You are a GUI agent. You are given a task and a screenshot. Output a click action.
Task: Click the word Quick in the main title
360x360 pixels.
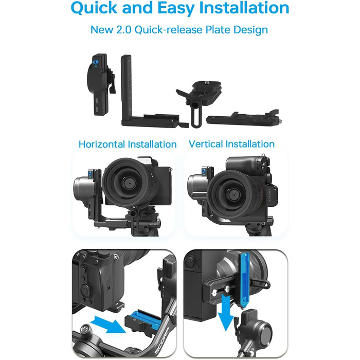coord(94,8)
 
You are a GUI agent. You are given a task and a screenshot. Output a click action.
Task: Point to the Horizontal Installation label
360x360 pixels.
coord(128,144)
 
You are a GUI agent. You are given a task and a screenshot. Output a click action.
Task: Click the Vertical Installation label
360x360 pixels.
coord(231,144)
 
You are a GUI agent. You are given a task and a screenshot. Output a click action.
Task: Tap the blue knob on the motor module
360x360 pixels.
coord(96,62)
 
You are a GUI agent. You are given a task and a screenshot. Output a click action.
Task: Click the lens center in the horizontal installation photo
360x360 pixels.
coord(129,183)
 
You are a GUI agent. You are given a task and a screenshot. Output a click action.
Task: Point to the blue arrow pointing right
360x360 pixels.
coord(108,324)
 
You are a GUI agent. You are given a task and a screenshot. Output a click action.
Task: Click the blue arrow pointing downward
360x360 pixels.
coord(226,313)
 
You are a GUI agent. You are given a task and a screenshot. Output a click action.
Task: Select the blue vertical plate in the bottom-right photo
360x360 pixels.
coord(245,280)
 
